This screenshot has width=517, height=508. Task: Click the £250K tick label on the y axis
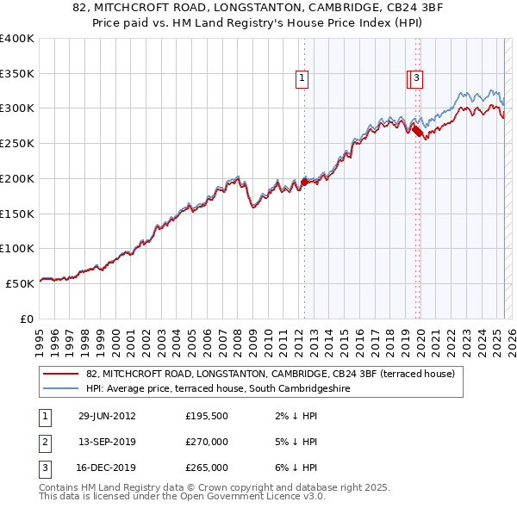[x=16, y=144]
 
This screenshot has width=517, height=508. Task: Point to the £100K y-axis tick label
[x=16, y=248]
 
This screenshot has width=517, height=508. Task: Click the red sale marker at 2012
[x=304, y=182]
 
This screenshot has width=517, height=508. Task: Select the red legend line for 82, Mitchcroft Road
[x=59, y=374]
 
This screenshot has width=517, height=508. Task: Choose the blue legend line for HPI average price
[x=59, y=388]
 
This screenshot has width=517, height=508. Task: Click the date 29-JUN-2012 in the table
[x=107, y=416]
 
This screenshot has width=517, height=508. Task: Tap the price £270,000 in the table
[x=207, y=442]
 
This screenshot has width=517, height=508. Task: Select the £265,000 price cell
[x=207, y=468]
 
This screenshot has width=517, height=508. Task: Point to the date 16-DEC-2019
[x=107, y=468]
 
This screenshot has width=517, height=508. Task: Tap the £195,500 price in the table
[x=207, y=416]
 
